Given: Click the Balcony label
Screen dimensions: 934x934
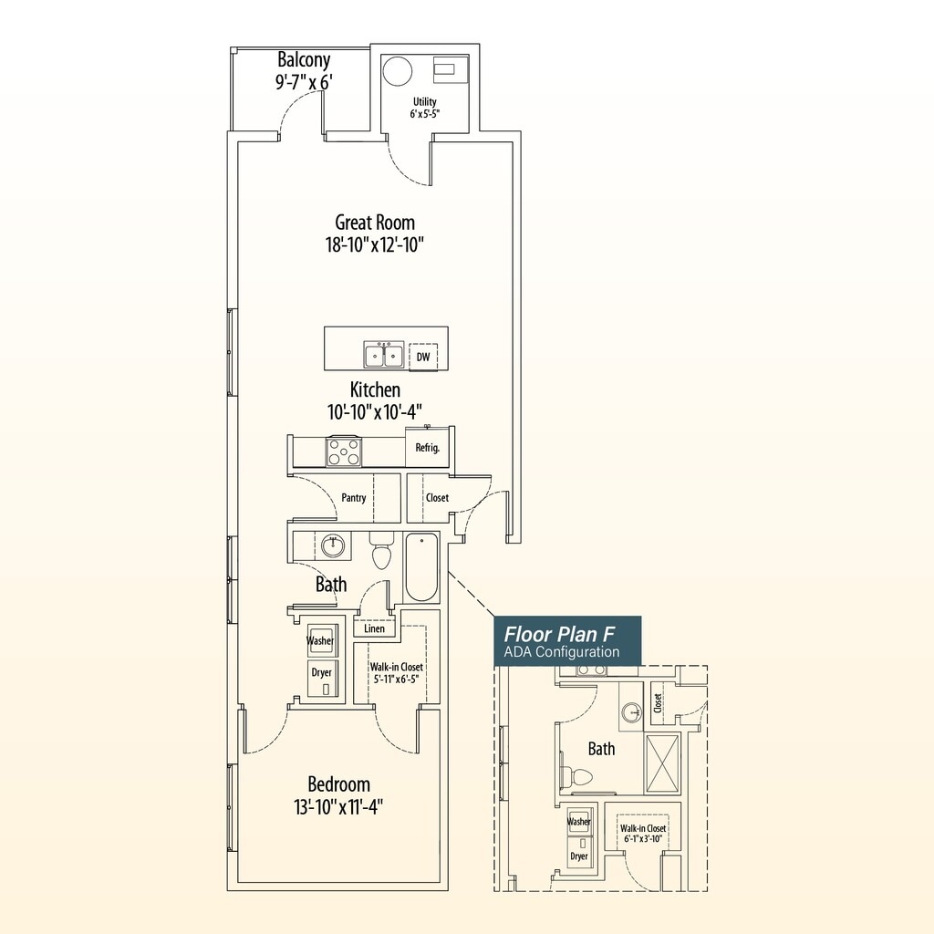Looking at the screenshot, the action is click(304, 60).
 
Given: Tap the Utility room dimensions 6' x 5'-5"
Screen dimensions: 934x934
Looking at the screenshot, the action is click(425, 113).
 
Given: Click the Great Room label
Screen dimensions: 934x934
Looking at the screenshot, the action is click(375, 223).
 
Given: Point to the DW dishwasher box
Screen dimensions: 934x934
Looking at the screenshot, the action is click(423, 357).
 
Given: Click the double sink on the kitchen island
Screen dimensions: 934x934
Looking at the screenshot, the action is click(384, 356).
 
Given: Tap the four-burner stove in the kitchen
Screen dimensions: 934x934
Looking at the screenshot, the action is click(344, 451).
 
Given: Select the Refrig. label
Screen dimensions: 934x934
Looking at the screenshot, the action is click(428, 447).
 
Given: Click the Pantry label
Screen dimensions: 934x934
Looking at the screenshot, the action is click(354, 497).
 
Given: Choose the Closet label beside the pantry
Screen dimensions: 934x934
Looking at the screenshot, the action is click(437, 497).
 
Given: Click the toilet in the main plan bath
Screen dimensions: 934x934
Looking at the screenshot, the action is click(381, 551).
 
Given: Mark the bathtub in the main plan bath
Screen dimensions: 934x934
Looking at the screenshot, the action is click(421, 567).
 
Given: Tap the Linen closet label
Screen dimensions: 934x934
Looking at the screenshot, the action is click(374, 628).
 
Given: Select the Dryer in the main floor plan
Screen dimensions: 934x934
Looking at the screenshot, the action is click(322, 678).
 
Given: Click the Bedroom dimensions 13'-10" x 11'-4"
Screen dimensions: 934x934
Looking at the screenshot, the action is click(338, 808).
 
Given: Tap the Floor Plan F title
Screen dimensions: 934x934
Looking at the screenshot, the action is click(559, 634).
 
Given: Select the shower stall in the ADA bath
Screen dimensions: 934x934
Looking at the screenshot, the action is click(662, 763).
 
